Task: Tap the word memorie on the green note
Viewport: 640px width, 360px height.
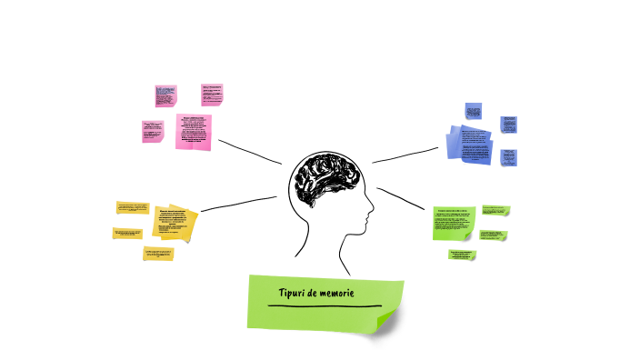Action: pos(334,294)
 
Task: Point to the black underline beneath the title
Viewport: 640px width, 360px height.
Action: pos(325,306)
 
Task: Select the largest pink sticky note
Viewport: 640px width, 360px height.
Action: pos(193,131)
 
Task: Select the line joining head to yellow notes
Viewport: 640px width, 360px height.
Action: pos(238,204)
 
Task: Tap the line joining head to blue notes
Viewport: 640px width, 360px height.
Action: pos(405,155)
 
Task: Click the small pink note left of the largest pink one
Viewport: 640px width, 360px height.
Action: pos(152,131)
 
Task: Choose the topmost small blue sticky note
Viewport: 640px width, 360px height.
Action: pos(473,111)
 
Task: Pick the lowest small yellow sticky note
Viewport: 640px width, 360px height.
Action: pos(158,254)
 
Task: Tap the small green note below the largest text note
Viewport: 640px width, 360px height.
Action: pos(461,255)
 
